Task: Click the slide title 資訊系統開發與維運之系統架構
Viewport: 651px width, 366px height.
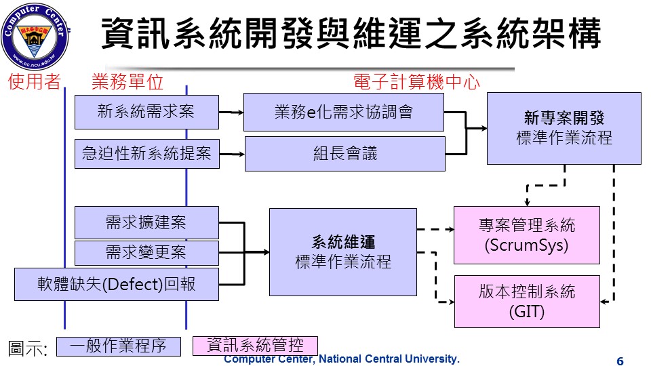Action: tap(351, 33)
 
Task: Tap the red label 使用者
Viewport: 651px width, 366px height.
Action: tap(35, 83)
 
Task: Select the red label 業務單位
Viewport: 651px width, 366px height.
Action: tap(127, 83)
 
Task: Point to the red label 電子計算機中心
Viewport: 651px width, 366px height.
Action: tap(416, 83)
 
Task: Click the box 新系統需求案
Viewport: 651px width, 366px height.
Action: tap(146, 112)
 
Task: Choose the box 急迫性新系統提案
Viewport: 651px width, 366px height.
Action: tap(146, 155)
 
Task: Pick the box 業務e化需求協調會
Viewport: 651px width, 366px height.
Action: tap(343, 112)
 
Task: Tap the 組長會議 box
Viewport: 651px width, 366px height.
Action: tap(344, 154)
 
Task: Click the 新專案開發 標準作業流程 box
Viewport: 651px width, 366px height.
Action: tap(564, 128)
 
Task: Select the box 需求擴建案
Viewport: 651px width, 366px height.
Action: tap(146, 222)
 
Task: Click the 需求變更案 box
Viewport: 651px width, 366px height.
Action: tap(146, 253)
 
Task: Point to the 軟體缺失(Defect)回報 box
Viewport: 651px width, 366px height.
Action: tap(117, 284)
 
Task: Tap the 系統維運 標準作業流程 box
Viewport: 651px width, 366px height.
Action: tap(343, 251)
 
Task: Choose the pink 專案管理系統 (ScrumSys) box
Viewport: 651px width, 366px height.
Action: tap(526, 235)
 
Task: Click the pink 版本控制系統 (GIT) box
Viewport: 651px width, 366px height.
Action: tap(526, 301)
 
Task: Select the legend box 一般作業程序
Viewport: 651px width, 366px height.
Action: tap(119, 346)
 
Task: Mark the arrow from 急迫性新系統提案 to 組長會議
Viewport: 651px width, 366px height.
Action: tap(231, 155)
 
